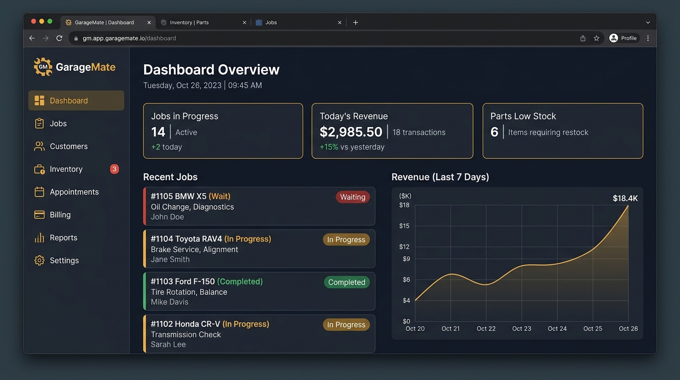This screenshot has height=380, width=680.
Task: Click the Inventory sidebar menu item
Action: pyautogui.click(x=66, y=169)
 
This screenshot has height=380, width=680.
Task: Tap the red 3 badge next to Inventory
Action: pyautogui.click(x=114, y=169)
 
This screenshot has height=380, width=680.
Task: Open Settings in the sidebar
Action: pyautogui.click(x=64, y=261)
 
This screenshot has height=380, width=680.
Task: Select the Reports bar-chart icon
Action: pyautogui.click(x=39, y=237)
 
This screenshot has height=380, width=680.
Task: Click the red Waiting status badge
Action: pyautogui.click(x=352, y=197)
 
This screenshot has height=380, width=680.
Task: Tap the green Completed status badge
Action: pyautogui.click(x=347, y=282)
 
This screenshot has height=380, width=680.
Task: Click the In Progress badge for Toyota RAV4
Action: pyautogui.click(x=346, y=239)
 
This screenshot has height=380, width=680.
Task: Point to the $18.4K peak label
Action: pyautogui.click(x=625, y=198)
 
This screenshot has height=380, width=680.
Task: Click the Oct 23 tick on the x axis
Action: pyautogui.click(x=521, y=329)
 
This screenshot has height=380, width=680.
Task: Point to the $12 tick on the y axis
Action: pyautogui.click(x=404, y=246)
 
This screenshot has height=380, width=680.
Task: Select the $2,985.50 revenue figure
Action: pyautogui.click(x=351, y=132)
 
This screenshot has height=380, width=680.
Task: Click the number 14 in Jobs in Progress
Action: pyautogui.click(x=158, y=132)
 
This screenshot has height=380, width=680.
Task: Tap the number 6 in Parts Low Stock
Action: pyautogui.click(x=494, y=132)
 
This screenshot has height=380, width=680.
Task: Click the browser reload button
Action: pyautogui.click(x=59, y=38)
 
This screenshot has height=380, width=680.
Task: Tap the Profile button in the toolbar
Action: pyautogui.click(x=624, y=38)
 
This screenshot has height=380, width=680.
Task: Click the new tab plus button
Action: pyautogui.click(x=355, y=22)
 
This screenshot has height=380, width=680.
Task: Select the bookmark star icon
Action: pyautogui.click(x=596, y=38)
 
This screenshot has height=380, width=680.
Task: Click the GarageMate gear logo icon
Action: pyautogui.click(x=43, y=67)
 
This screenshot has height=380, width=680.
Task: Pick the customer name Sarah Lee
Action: pyautogui.click(x=168, y=344)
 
